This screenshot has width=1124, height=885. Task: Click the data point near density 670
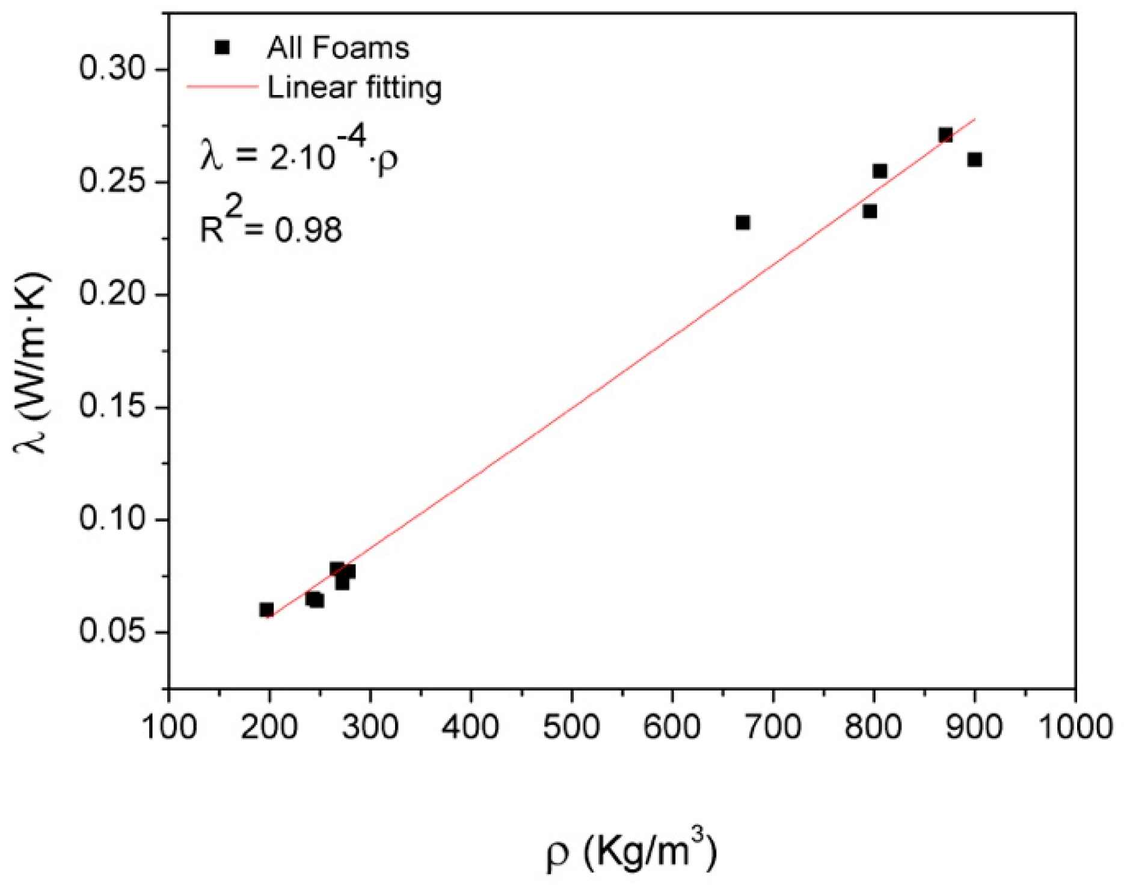tap(743, 223)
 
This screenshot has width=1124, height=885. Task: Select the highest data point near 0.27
tap(945, 135)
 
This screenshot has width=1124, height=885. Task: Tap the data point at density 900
tap(975, 159)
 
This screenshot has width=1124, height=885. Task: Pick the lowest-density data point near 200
tap(266, 609)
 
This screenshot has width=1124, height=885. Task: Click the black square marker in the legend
tap(223, 48)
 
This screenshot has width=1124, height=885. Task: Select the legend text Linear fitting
tap(354, 88)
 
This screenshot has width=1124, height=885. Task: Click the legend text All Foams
tap(338, 48)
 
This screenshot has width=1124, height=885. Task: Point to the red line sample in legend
tap(222, 87)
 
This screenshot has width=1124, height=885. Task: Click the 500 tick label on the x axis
tap(571, 727)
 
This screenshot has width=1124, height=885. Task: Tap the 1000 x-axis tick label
tap(1074, 727)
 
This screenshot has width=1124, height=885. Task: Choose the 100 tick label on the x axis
tap(169, 727)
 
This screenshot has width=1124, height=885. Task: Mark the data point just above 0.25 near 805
tap(880, 171)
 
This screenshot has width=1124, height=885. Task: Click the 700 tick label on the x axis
tap(772, 727)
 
